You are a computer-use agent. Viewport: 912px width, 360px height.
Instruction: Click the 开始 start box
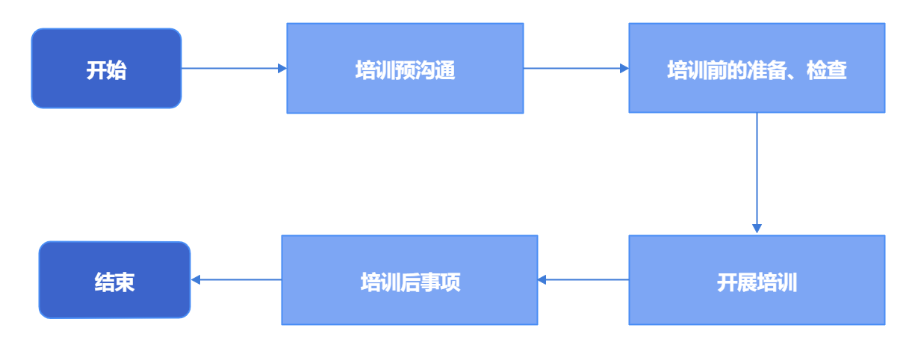click(x=106, y=68)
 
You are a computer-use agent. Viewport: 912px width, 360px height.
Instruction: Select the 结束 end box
click(x=114, y=280)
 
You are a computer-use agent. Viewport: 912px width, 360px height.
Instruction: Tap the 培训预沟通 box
click(x=405, y=68)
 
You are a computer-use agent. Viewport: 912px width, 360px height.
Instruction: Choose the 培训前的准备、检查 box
click(x=757, y=68)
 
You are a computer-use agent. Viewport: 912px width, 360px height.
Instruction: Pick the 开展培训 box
click(x=757, y=280)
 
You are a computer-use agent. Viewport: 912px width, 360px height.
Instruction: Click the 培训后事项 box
click(x=409, y=280)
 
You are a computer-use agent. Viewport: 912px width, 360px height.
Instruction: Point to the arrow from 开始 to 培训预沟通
click(x=232, y=68)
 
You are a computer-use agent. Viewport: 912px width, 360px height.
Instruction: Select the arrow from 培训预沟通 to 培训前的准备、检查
click(x=575, y=68)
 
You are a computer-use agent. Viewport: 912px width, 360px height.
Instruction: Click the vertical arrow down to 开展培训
click(x=757, y=172)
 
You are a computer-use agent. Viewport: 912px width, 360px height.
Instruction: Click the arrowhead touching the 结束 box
click(x=196, y=280)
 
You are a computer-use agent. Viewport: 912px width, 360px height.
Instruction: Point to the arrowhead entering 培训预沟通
click(x=282, y=68)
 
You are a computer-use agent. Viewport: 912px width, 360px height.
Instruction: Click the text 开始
click(x=106, y=71)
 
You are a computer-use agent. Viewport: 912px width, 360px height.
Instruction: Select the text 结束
click(x=114, y=283)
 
